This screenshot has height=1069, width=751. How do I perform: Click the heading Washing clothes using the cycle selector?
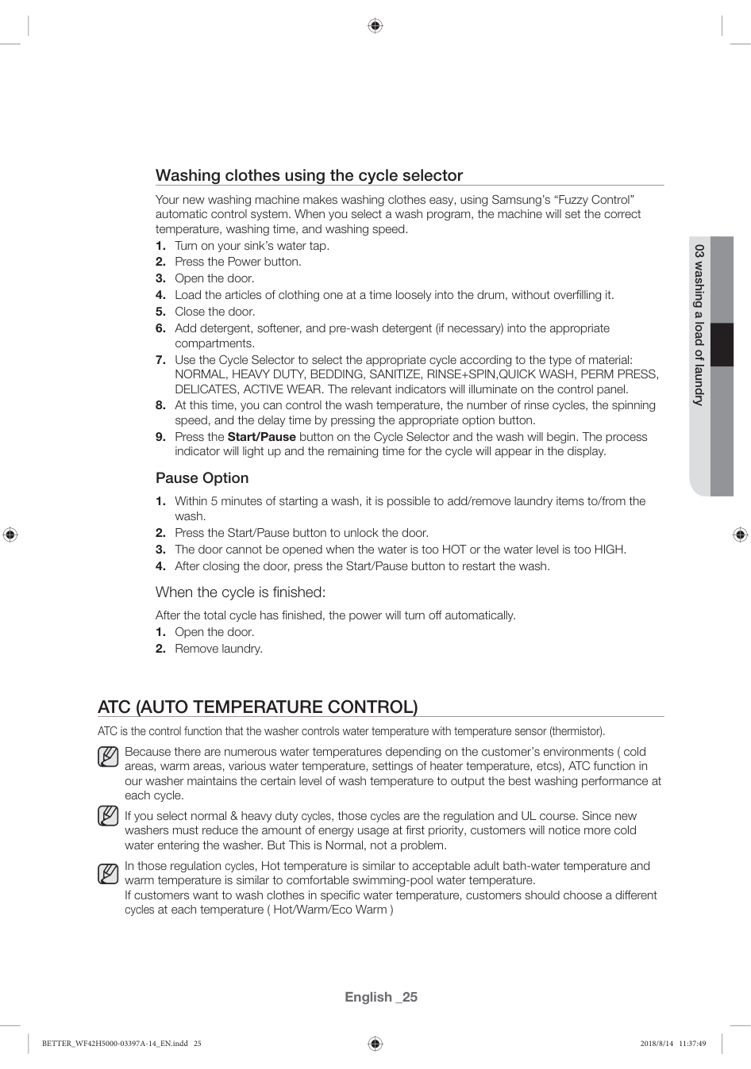point(309,175)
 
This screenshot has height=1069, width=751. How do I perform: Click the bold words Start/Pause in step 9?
point(261,437)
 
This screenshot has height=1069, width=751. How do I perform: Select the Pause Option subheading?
point(202,478)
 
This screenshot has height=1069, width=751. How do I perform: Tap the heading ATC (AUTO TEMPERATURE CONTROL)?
point(257,707)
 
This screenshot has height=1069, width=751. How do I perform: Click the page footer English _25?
point(380,997)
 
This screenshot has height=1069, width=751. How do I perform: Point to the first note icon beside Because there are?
point(108,757)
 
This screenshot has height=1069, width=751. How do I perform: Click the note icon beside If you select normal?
point(108,815)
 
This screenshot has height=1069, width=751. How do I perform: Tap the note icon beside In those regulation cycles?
point(108,873)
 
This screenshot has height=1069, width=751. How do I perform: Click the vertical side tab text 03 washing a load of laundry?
point(699,324)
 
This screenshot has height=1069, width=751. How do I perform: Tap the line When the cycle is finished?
point(241,592)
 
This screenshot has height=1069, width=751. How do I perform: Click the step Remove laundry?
point(218,649)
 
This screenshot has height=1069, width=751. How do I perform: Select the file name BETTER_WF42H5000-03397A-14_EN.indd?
point(114,1044)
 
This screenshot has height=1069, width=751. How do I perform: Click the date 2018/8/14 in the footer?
point(656,1044)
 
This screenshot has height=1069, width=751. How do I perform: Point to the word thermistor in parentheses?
point(576,731)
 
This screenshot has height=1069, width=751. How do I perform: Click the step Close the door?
point(214,312)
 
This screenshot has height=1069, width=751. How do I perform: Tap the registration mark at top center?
point(375,26)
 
